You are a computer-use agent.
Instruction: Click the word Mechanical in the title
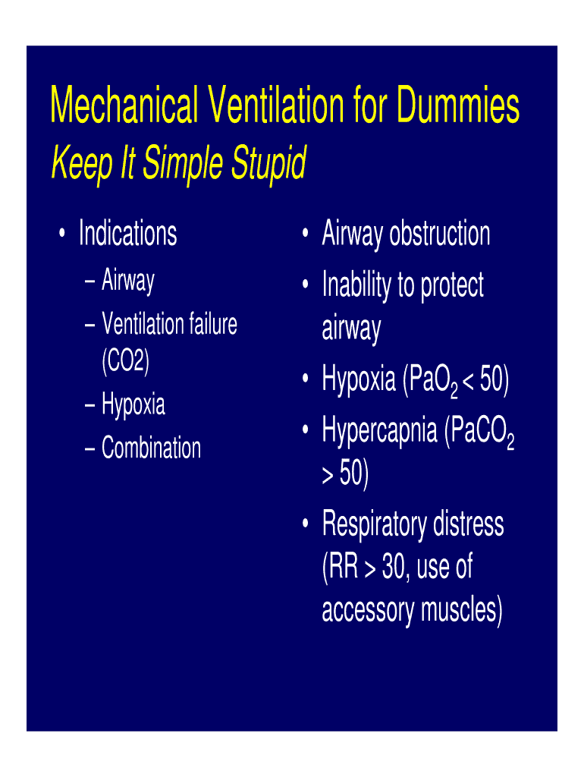(124, 104)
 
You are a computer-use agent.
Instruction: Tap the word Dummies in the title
(458, 104)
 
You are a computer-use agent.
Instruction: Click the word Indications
(127, 233)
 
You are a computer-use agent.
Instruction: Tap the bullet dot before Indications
(61, 233)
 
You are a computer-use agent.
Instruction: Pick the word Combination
(151, 448)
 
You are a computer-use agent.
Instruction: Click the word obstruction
(440, 233)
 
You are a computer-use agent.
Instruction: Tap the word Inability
(356, 286)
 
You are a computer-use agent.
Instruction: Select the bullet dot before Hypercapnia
(306, 429)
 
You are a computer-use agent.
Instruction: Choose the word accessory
(368, 612)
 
